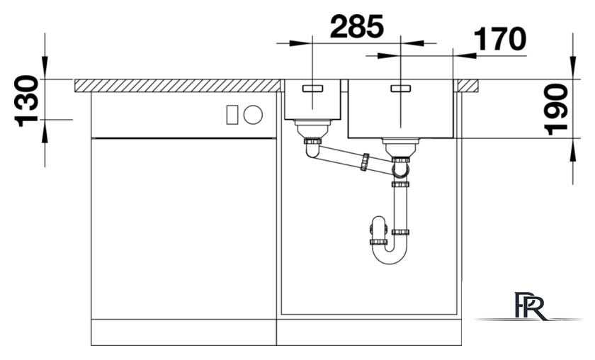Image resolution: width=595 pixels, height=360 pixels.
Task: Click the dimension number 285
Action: pos(357,27)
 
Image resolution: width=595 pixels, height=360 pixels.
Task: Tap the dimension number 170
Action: pos(500,39)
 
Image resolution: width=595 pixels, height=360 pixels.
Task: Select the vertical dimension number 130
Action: pos(27,101)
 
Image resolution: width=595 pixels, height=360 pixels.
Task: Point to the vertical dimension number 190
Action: pos(556,110)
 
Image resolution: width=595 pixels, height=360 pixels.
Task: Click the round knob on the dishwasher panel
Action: pos(253,114)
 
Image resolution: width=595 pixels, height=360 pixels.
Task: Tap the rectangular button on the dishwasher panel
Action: pos(232,115)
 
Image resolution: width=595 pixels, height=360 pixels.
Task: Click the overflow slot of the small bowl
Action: pos(312,89)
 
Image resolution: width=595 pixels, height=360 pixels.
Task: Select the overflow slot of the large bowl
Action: pos(401,89)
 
